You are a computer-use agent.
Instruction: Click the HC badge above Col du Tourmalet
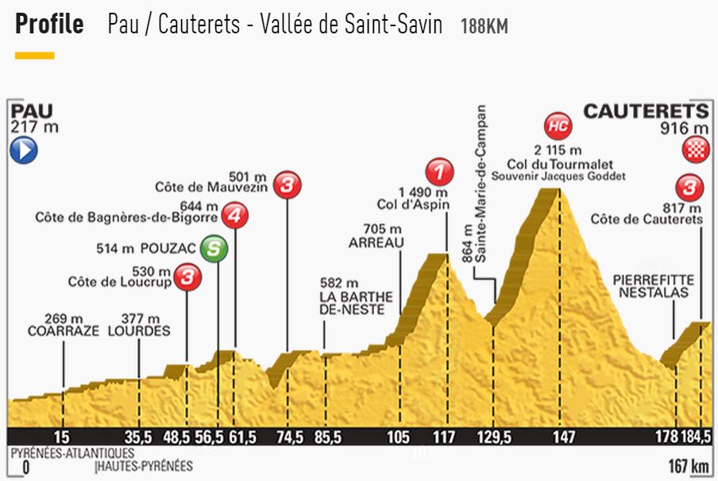558,126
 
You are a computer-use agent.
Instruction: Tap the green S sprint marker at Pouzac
214,250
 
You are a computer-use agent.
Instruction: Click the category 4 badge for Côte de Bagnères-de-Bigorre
234,215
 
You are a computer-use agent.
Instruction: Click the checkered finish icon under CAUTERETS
696,149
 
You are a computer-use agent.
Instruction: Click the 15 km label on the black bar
63,436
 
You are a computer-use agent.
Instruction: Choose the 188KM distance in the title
484,26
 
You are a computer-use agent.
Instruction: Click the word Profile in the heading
49,25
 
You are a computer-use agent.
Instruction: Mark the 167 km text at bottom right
688,465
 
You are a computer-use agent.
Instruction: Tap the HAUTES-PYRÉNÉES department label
136,466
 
